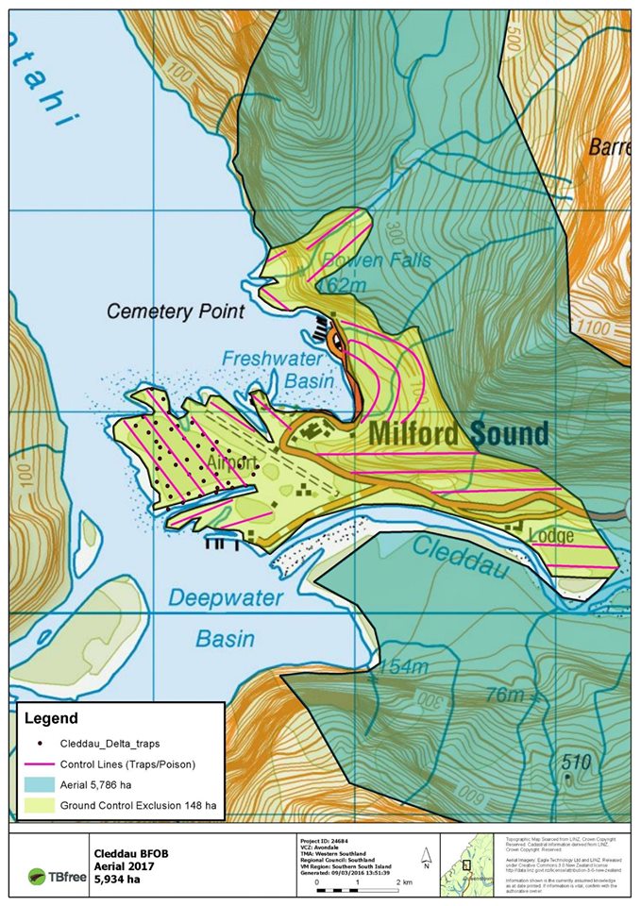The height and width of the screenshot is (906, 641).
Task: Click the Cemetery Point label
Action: point(176,310)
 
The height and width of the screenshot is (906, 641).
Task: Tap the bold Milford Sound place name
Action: point(458,434)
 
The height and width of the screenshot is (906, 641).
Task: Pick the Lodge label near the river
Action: point(551,535)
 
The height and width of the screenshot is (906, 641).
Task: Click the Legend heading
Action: point(51,718)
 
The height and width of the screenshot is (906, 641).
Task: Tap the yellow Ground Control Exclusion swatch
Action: point(38,806)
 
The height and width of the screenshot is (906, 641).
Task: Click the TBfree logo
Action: point(53,875)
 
